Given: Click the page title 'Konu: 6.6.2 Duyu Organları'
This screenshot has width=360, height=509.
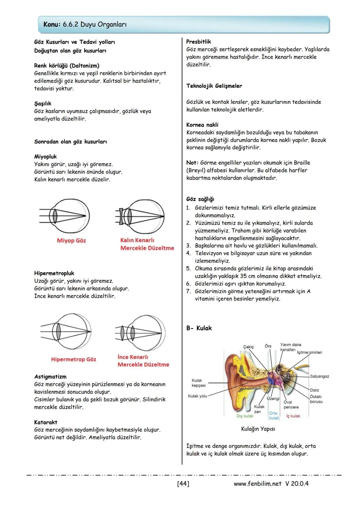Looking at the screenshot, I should pyautogui.click(x=85, y=25).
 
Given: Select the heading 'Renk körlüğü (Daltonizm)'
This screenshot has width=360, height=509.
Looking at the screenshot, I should pyautogui.click(x=67, y=66).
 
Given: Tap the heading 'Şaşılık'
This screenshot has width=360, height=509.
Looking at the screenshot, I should pyautogui.click(x=43, y=104).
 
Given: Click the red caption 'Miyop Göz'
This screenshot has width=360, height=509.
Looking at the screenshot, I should pyautogui.click(x=71, y=240).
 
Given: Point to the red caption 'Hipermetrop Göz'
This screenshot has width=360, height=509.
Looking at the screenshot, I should pyautogui.click(x=73, y=359).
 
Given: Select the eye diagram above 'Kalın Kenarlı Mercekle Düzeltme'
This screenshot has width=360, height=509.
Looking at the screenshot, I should pyautogui.click(x=140, y=216).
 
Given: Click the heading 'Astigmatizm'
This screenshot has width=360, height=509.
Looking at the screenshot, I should pyautogui.click(x=50, y=377).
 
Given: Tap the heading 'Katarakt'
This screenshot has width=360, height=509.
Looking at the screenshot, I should pyautogui.click(x=46, y=422).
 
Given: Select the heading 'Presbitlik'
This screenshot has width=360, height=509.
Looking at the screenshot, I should pyautogui.click(x=198, y=42).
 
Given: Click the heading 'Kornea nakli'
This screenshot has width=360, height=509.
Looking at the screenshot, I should pyautogui.click(x=202, y=125).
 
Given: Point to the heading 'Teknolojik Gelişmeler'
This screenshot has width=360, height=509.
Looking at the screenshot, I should pyautogui.click(x=214, y=86).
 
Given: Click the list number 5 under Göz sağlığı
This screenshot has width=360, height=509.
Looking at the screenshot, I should pyautogui.click(x=188, y=269).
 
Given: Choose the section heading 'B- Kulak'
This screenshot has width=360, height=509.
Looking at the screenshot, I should pyautogui.click(x=199, y=328).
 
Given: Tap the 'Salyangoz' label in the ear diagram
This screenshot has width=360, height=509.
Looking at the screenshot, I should pyautogui.click(x=319, y=376).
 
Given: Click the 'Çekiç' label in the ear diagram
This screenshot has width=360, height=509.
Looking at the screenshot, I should pyautogui.click(x=248, y=347).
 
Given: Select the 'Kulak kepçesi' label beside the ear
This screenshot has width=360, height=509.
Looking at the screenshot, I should pyautogui.click(x=199, y=383).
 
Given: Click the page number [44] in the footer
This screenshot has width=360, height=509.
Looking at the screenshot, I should pyautogui.click(x=183, y=484).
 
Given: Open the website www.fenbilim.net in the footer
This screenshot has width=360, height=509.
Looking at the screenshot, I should pyautogui.click(x=258, y=484).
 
